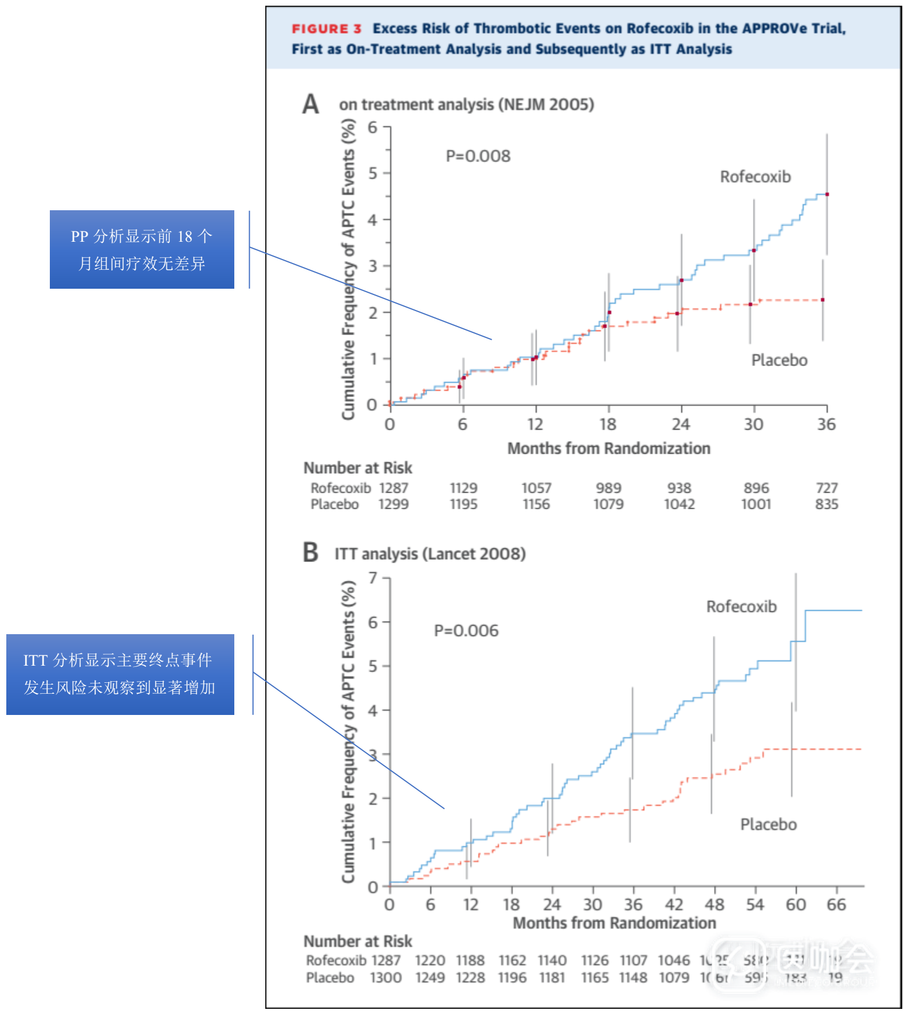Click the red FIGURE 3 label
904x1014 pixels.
(x=326, y=29)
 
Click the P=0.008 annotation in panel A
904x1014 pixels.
(x=478, y=156)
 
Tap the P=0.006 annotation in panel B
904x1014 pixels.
(x=466, y=631)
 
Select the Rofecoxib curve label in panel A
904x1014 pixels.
(x=755, y=176)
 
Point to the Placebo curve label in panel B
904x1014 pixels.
(x=768, y=824)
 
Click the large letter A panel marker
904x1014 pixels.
(x=310, y=104)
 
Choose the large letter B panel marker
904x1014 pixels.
(x=310, y=553)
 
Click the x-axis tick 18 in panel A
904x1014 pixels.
(x=608, y=425)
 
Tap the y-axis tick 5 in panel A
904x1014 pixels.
(x=373, y=173)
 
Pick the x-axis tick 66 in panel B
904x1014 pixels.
(x=836, y=905)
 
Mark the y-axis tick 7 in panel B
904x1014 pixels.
(x=373, y=578)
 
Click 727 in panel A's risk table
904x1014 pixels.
(x=827, y=488)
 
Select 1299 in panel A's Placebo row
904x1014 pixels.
(x=394, y=504)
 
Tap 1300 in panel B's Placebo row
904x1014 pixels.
(x=386, y=977)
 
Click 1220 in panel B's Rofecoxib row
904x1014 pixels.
(x=430, y=960)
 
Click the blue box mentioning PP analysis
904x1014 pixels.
(x=142, y=249)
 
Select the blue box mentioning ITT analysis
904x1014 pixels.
(x=120, y=674)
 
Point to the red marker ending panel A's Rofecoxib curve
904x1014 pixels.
(x=827, y=195)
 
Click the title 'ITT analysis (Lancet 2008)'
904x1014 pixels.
(x=430, y=554)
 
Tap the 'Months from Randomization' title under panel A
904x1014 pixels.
(x=608, y=449)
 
